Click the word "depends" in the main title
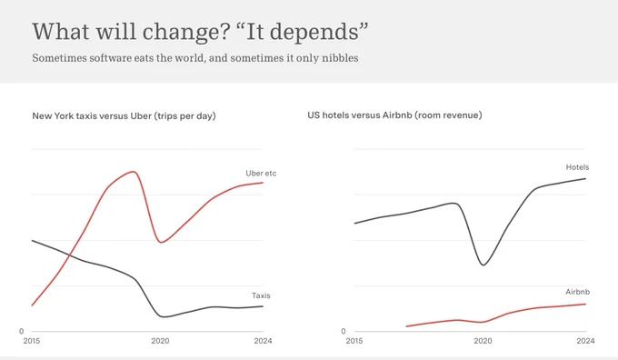(314, 33)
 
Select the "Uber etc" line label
(261, 173)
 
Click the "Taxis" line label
(261, 295)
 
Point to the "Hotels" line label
(577, 167)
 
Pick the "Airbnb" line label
(578, 292)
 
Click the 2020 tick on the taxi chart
(160, 341)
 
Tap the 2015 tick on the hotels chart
(354, 341)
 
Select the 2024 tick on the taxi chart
(263, 341)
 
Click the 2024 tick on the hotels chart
(585, 341)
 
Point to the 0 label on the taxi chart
(21, 332)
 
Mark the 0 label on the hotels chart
(344, 332)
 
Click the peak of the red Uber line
(134, 172)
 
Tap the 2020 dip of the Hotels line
(483, 265)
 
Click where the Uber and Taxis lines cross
(70, 255)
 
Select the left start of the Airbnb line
(406, 326)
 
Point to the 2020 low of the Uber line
(161, 242)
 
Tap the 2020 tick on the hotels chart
(483, 341)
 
